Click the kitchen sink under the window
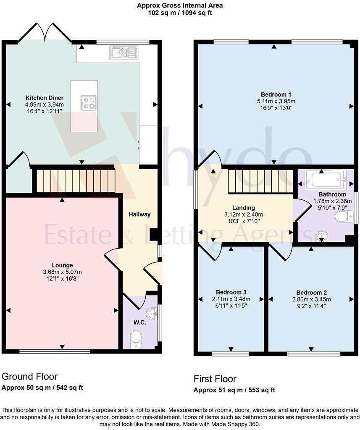[x=124, y=52]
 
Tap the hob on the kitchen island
[x=88, y=103]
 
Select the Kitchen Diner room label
[x=45, y=97]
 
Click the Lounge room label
[x=62, y=265]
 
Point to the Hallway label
[x=139, y=215]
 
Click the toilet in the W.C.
[x=136, y=339]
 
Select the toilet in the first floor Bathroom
[x=344, y=217]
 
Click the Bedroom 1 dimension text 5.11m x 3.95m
[x=276, y=101]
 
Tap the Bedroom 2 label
[x=311, y=293]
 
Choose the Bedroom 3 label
[x=231, y=292]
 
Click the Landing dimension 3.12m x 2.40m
[x=243, y=215]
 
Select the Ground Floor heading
[x=30, y=377]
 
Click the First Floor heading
[x=215, y=379]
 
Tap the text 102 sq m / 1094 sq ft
[x=180, y=13]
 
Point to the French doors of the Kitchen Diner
[x=45, y=33]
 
